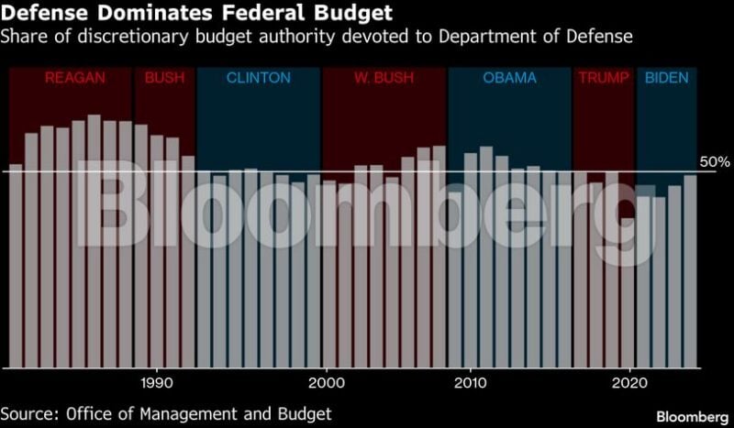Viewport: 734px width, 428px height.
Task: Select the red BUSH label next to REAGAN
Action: pyautogui.click(x=164, y=78)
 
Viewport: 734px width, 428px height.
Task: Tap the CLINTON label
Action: pyautogui.click(x=258, y=78)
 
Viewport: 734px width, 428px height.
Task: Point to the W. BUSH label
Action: pyautogui.click(x=384, y=78)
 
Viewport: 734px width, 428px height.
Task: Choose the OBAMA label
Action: pyautogui.click(x=509, y=78)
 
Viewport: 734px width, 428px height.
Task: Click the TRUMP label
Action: pyautogui.click(x=604, y=78)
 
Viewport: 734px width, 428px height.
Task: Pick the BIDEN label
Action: pyautogui.click(x=666, y=78)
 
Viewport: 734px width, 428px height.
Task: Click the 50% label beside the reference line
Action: pyautogui.click(x=714, y=162)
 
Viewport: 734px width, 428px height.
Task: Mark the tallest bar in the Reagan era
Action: pyautogui.click(x=94, y=238)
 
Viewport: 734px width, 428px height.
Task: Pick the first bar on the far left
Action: pyautogui.click(x=16, y=266)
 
